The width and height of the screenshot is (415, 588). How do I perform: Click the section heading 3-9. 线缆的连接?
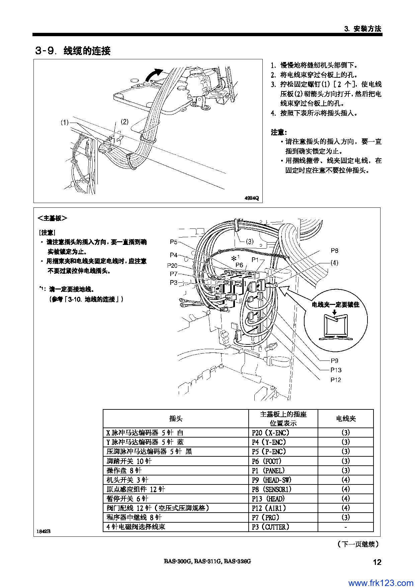coord(73,51)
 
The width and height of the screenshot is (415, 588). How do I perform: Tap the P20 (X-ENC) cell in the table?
coord(270,433)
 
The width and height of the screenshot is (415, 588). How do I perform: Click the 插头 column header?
coord(176,418)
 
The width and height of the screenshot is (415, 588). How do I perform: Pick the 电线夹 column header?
coord(346,418)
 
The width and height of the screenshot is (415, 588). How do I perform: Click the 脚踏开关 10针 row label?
coord(129,461)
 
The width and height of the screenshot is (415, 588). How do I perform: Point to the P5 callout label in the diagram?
coord(173,242)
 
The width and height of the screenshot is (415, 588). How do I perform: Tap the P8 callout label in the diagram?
coord(334,251)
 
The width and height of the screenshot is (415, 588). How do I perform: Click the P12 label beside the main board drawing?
coord(336,380)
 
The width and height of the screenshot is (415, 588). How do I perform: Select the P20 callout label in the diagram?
coord(172,265)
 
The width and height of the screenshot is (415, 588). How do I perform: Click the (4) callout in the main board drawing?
coord(334,263)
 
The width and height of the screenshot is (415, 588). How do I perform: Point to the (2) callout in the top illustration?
coord(124,122)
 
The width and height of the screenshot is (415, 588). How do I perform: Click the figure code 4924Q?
coord(252,198)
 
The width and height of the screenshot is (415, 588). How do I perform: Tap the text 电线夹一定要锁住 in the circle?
coord(336,305)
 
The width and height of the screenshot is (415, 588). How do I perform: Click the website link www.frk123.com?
coord(381,583)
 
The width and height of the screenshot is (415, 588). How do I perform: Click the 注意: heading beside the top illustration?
coord(279,132)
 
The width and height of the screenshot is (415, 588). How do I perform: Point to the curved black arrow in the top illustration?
coord(153,74)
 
